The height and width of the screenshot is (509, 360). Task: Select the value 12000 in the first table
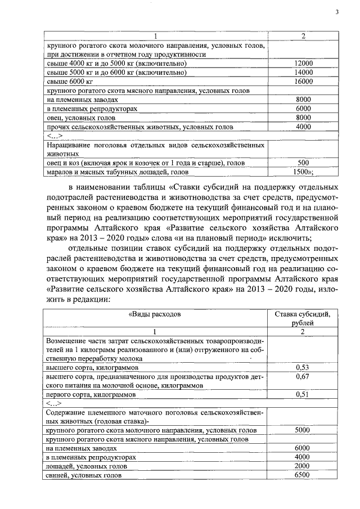tap(303, 64)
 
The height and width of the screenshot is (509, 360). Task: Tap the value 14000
tap(303, 73)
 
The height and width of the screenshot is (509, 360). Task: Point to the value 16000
tap(303, 82)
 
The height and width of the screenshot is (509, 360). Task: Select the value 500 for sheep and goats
tap(303, 163)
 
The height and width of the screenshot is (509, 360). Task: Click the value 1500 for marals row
tap(304, 172)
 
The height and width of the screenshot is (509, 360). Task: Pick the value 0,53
tap(303, 367)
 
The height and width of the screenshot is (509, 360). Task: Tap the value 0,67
tap(303, 376)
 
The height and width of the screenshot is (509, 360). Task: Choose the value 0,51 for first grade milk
tap(303, 394)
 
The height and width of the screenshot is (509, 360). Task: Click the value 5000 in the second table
tap(303, 430)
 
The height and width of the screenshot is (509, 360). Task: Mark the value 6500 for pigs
tap(303, 475)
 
